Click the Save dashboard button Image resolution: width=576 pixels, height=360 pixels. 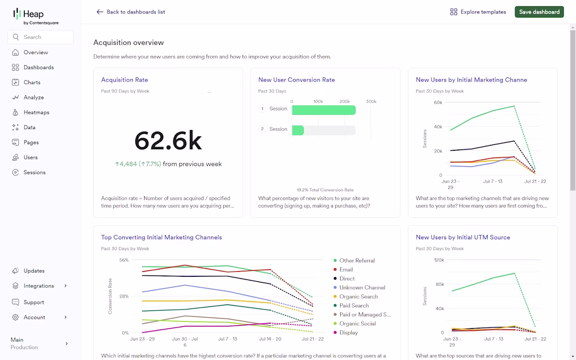click(x=539, y=12)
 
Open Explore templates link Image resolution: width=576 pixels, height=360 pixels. click(x=478, y=12)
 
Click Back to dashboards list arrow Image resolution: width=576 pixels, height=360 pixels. click(x=100, y=12)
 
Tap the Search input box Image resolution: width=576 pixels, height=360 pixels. click(x=40, y=37)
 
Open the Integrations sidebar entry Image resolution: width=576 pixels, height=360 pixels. click(x=39, y=286)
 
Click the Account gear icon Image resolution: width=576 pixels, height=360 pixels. click(x=15, y=317)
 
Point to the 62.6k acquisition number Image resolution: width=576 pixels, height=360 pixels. click(x=168, y=141)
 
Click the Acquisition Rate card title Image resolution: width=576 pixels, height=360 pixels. click(x=125, y=80)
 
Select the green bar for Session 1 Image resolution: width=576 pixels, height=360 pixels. click(x=324, y=110)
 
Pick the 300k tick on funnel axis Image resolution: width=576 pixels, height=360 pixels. click(x=371, y=101)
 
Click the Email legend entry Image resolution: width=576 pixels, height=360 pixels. click(x=343, y=270)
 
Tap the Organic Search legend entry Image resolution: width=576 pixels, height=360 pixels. click(x=355, y=297)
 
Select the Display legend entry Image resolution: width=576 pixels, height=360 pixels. click(x=346, y=333)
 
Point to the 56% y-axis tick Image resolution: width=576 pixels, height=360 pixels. click(x=124, y=260)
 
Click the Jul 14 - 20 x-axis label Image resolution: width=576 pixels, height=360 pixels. click(x=270, y=339)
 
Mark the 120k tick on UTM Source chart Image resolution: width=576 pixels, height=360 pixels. click(x=439, y=260)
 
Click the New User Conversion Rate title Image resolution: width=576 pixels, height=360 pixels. click(x=297, y=80)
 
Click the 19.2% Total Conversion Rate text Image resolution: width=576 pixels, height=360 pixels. click(x=325, y=190)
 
